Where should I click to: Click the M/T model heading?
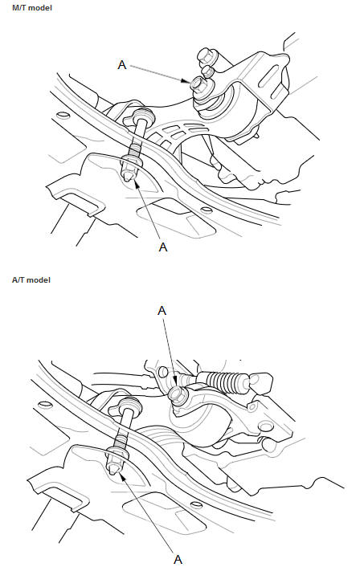coord(32,8)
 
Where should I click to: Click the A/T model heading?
coord(31,280)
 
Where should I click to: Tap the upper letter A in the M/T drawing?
coord(122,65)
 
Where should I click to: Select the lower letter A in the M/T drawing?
coord(163,247)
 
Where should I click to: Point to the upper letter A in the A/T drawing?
coord(162,311)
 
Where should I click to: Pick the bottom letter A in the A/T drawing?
coord(178,559)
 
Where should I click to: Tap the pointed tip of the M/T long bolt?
coord(128,177)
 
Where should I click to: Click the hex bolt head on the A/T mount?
coord(178,394)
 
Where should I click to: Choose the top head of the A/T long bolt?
coord(129,403)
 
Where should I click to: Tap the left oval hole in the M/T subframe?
coord(63,115)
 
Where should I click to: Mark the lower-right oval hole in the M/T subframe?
coord(207,210)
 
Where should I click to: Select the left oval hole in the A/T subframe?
coord(46,404)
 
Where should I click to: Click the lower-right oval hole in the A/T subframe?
coord(196,504)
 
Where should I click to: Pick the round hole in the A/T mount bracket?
coord(265,426)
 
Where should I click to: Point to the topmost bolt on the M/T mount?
coord(207,55)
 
